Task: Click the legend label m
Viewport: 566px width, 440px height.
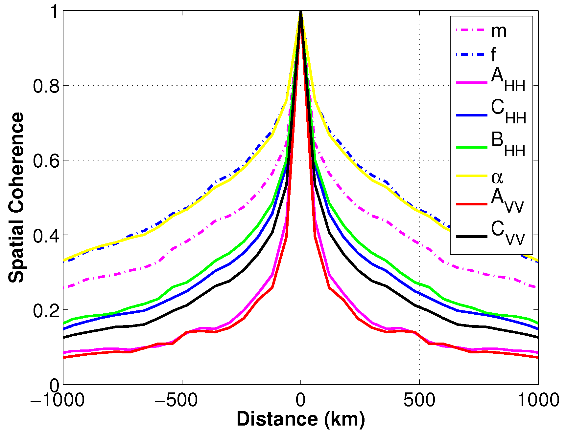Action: [498, 31]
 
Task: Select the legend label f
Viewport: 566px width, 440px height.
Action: [493, 54]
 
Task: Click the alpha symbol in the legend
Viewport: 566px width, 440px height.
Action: [497, 178]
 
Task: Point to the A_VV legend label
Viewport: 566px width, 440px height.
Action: [507, 201]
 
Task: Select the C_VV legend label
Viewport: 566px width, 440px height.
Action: [507, 233]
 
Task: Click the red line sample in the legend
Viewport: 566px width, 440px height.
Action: [472, 204]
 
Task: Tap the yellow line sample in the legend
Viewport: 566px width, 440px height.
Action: [472, 176]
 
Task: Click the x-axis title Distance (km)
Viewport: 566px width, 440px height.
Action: [300, 419]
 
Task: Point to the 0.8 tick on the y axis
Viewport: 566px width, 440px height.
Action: [46, 86]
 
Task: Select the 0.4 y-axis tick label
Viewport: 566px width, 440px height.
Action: [46, 236]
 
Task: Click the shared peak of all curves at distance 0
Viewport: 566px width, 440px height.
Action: [300, 12]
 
